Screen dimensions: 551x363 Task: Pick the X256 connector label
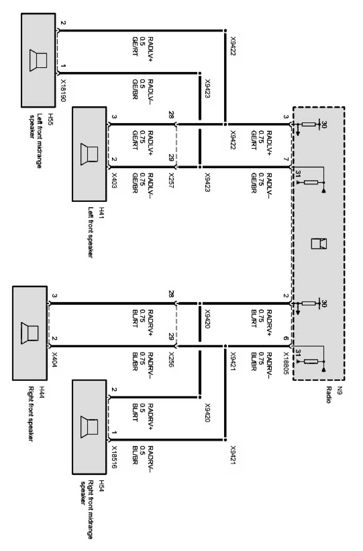[172, 360]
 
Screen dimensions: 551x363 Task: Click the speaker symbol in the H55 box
[38, 60]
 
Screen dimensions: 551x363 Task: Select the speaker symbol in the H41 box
[89, 154]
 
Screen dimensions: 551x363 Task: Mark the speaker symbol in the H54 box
[89, 426]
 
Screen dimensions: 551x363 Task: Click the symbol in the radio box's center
[318, 244]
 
